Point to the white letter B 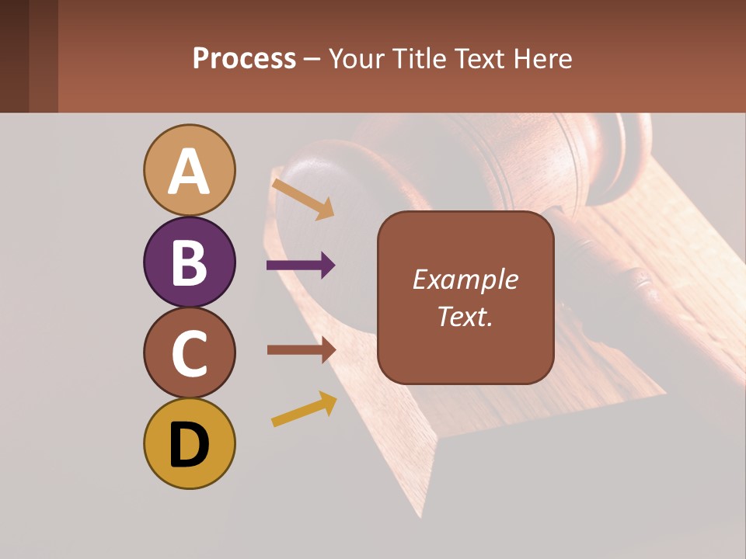click(x=190, y=262)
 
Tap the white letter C click(x=190, y=353)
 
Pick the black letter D click(x=190, y=445)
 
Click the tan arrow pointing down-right click(x=303, y=199)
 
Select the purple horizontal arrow click(x=301, y=266)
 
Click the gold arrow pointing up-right click(x=304, y=408)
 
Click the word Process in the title click(x=244, y=58)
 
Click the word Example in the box click(x=465, y=279)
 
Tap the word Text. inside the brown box click(x=465, y=316)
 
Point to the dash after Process click(x=312, y=60)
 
